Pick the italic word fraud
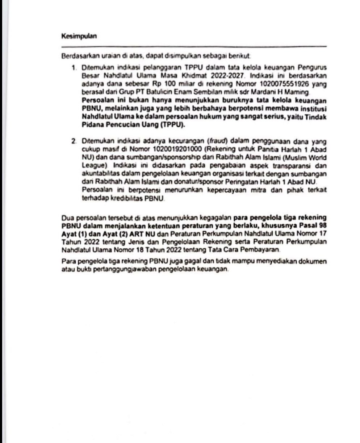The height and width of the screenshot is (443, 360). pos(214,140)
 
